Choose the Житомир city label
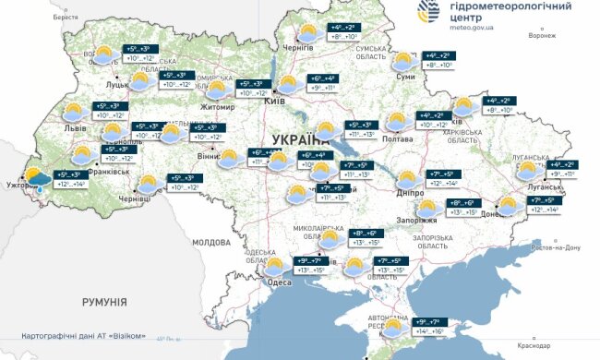[218, 107]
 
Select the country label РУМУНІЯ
[103, 302]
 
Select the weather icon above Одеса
[275, 268]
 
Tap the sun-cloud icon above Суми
[403, 62]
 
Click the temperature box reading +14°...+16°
[426, 329]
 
